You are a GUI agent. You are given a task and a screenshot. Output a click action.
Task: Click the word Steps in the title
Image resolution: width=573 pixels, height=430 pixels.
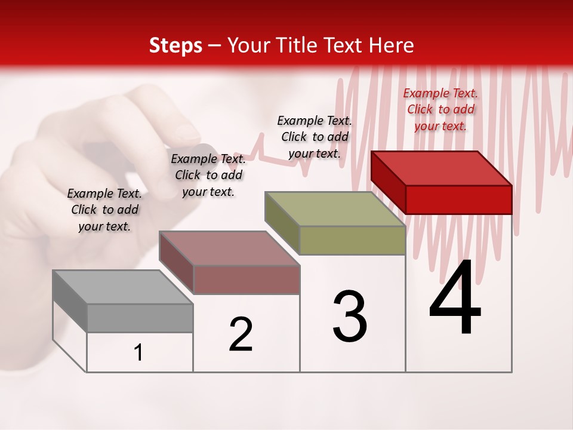[175, 45]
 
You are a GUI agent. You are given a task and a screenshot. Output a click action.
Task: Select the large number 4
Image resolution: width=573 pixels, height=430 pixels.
[455, 298]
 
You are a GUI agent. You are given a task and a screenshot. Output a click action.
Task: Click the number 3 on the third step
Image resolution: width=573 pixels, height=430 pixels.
[350, 316]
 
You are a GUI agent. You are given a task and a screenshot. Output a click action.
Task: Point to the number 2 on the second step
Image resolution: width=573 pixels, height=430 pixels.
[241, 334]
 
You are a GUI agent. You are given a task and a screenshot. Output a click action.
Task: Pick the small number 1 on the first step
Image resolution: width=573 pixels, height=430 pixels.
[138, 353]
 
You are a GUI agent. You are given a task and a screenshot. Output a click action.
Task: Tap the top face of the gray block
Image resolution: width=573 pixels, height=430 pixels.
[122, 287]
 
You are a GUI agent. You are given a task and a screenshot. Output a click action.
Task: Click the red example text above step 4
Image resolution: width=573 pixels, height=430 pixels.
[440, 109]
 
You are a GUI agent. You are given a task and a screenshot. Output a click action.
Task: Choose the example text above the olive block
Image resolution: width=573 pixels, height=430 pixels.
[315, 137]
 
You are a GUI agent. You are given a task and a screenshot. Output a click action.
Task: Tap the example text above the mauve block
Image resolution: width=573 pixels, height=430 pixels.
[208, 175]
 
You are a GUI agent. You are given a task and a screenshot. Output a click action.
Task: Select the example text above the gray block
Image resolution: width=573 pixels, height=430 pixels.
[104, 210]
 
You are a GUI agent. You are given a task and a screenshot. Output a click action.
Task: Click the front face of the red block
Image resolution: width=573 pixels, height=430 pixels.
[458, 199]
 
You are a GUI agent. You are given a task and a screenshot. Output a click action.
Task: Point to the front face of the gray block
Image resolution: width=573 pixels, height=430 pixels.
[140, 318]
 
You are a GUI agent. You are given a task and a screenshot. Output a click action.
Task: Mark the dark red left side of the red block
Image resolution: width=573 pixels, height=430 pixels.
[388, 182]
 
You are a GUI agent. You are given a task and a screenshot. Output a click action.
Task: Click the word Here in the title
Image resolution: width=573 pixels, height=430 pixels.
[392, 45]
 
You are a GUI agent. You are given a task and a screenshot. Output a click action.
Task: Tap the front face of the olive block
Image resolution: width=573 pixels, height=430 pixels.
[352, 241]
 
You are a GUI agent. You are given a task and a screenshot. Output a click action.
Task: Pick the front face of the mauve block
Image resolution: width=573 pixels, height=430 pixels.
[246, 279]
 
